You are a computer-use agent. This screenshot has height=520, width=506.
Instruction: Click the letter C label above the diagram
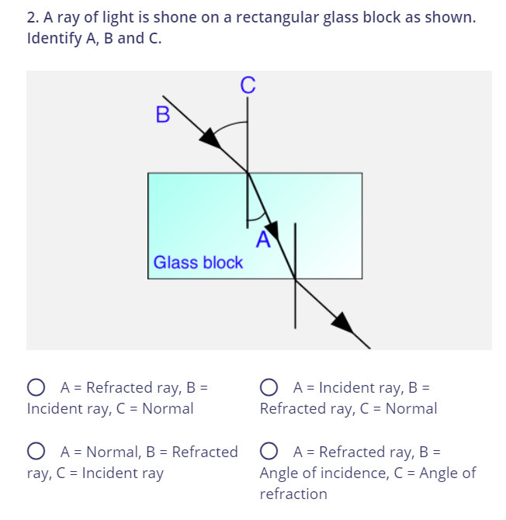pyautogui.click(x=248, y=85)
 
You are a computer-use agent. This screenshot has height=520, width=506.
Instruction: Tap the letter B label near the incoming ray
pyautogui.click(x=162, y=115)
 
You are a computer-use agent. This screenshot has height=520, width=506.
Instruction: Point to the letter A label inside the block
pyautogui.click(x=262, y=239)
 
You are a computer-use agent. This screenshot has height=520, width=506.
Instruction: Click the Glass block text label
pyautogui.click(x=198, y=262)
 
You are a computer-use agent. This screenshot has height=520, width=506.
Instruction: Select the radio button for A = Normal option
pyautogui.click(x=35, y=452)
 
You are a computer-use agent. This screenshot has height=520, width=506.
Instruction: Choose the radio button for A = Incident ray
pyautogui.click(x=269, y=387)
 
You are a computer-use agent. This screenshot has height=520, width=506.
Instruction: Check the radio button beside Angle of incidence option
pyautogui.click(x=269, y=452)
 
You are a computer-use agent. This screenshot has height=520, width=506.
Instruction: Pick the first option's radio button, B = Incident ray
pyautogui.click(x=35, y=387)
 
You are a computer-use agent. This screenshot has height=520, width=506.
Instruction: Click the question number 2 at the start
pyautogui.click(x=32, y=17)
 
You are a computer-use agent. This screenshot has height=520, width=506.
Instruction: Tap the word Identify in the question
pyautogui.click(x=54, y=38)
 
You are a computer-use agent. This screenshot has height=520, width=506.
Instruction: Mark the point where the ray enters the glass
pyautogui.click(x=248, y=172)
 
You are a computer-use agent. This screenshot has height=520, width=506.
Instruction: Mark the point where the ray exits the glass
pyautogui.click(x=295, y=278)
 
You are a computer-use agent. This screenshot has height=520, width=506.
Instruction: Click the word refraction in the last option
pyautogui.click(x=293, y=494)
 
